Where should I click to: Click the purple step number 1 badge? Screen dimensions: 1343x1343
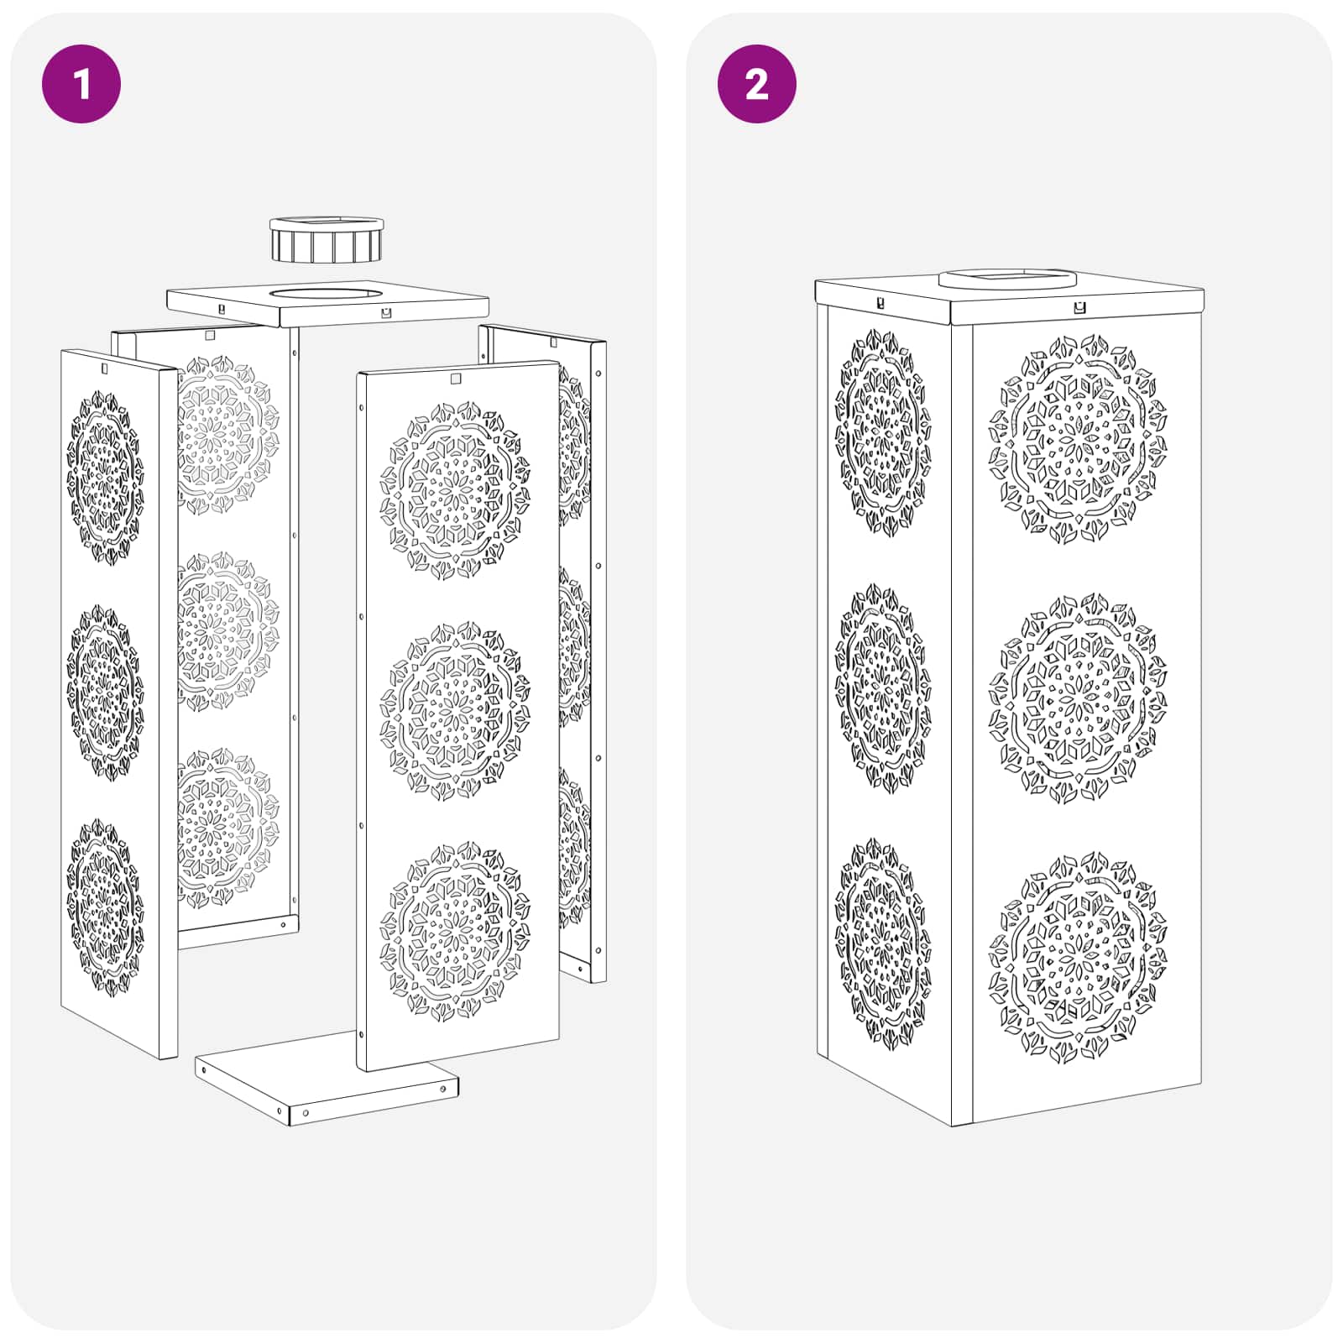pos(81,84)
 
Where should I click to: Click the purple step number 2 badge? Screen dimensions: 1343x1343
pos(757,84)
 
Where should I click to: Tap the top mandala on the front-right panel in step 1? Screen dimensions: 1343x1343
pos(455,490)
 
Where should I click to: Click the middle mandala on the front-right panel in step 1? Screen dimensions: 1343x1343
pos(455,711)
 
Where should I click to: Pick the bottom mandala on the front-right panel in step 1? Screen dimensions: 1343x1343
pos(455,932)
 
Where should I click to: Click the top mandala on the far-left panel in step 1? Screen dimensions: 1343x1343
pos(105,477)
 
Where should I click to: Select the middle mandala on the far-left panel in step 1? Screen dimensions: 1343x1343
pos(105,690)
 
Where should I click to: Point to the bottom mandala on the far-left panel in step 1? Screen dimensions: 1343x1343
pos(105,907)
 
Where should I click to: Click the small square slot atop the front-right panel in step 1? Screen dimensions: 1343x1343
pos(456,379)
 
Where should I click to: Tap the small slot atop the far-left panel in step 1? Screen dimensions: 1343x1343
pos(105,368)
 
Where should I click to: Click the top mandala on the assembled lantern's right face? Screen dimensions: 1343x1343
pos(1077,439)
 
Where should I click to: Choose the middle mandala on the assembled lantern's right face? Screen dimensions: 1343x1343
pos(1077,698)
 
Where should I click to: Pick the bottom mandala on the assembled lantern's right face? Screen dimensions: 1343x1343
pos(1077,959)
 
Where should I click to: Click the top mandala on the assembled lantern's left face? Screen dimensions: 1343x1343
pos(883,431)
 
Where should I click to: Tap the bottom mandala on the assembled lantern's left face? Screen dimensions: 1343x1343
pos(883,943)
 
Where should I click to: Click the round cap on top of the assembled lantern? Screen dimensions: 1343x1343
pos(1007,278)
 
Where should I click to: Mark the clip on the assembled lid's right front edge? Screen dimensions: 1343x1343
pos(1079,308)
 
